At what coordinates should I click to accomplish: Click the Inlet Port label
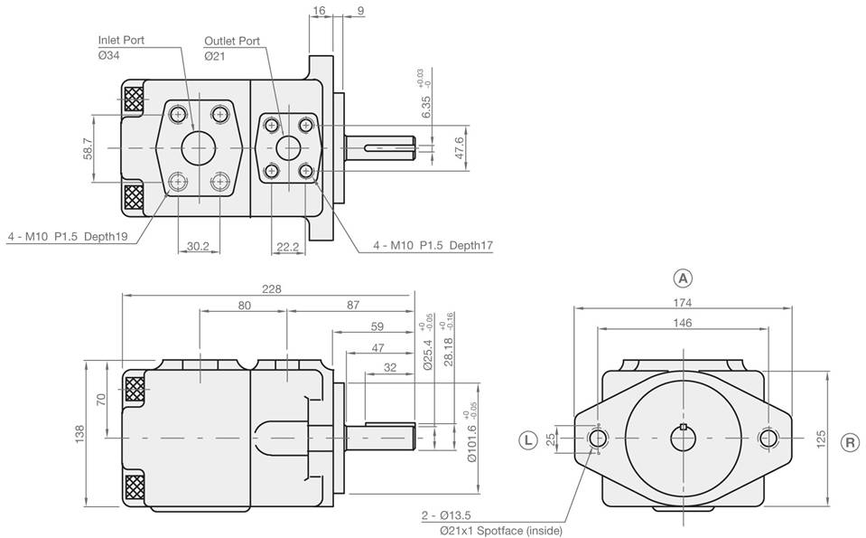120,41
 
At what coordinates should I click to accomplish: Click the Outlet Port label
231,41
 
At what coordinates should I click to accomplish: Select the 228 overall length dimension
272,288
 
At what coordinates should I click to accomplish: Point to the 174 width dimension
683,305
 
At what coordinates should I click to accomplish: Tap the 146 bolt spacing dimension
683,322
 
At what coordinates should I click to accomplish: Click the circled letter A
683,277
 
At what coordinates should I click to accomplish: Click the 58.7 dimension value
88,148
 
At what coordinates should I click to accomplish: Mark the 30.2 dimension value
198,245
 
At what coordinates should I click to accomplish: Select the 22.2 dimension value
288,245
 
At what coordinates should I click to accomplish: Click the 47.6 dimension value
459,147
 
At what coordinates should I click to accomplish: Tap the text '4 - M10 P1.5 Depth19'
68,236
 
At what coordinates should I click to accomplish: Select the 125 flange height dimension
821,439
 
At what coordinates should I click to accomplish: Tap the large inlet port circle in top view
199,147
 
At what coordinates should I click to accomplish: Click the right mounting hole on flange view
769,439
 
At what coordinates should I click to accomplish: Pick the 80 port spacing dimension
244,306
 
